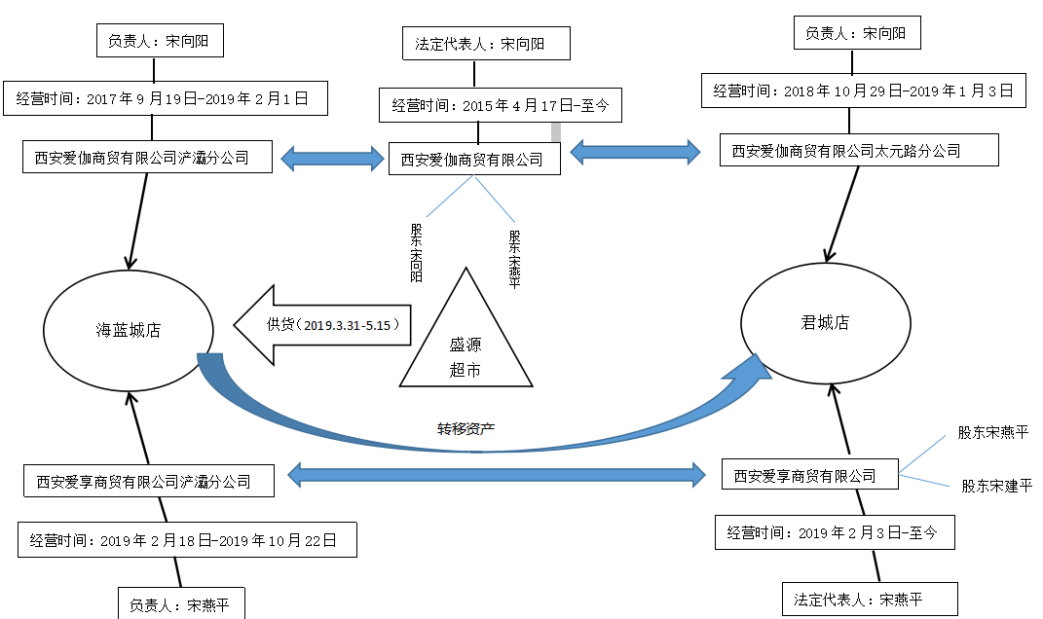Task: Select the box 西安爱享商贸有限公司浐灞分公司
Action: coord(143,481)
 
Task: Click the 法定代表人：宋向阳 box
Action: coord(486,44)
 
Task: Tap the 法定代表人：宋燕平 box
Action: coord(870,599)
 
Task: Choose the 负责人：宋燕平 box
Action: coord(180,604)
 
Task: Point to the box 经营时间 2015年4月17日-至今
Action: coord(500,104)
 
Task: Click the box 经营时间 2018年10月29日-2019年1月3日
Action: coord(863,91)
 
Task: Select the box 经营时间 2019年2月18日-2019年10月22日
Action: coord(187,540)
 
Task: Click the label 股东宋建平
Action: coord(996,486)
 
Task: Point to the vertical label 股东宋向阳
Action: coord(417,252)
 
